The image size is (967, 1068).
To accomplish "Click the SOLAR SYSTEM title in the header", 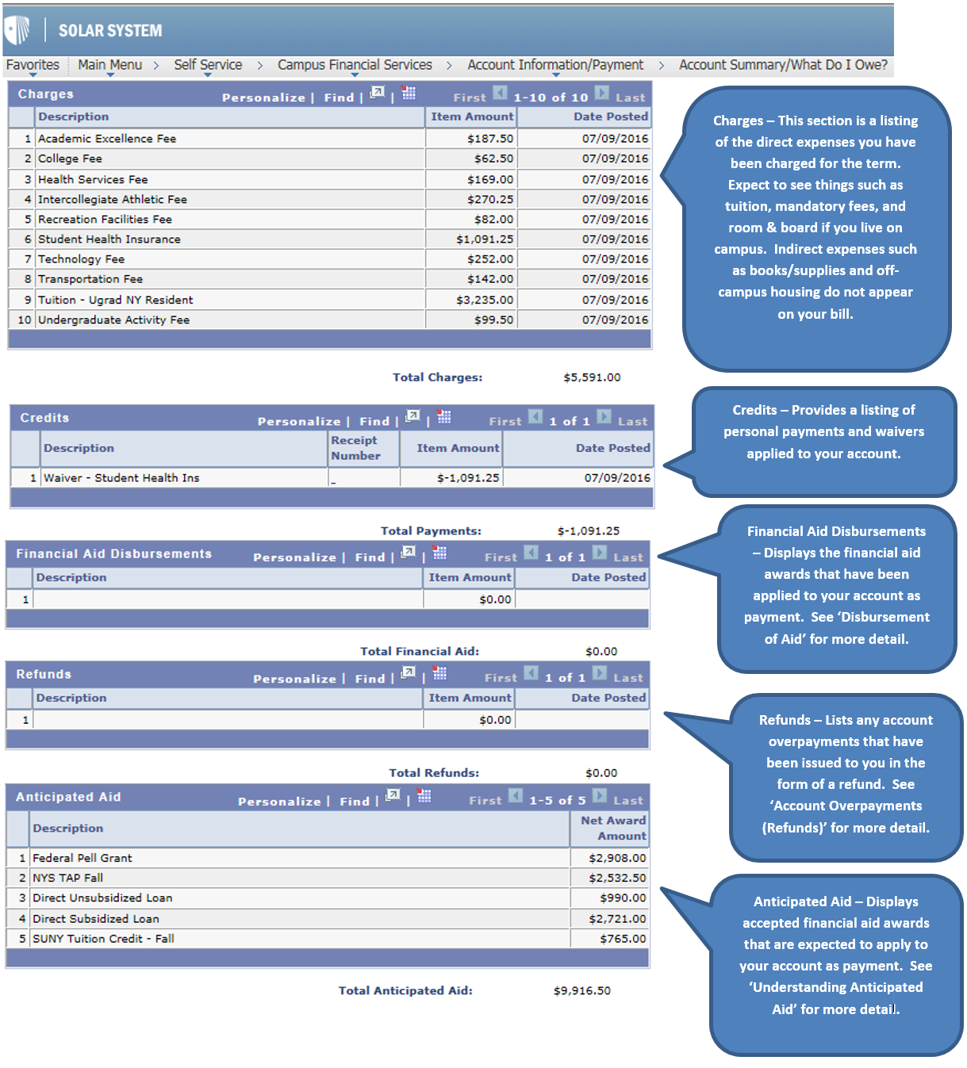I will pyautogui.click(x=109, y=31).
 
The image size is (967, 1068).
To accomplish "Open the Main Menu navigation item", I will pyautogui.click(x=109, y=65).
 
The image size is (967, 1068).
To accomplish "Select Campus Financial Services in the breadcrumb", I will pyautogui.click(x=355, y=65).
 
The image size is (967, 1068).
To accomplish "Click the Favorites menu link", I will pyautogui.click(x=33, y=65).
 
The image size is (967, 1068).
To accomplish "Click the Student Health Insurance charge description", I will pyautogui.click(x=109, y=239).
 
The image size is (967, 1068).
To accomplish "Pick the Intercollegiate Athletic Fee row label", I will pyautogui.click(x=113, y=200).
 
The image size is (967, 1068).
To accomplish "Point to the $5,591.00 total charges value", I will pyautogui.click(x=592, y=377).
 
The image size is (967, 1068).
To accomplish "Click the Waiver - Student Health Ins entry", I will pyautogui.click(x=121, y=478).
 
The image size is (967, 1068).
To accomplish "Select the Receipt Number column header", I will pyautogui.click(x=355, y=448).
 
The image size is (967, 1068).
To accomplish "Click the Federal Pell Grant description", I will pyautogui.click(x=83, y=858).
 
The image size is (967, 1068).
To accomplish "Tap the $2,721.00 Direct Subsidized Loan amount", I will pyautogui.click(x=617, y=919).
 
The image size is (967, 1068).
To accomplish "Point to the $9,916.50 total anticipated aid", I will pyautogui.click(x=582, y=990).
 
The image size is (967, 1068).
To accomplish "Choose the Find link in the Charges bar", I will pyautogui.click(x=339, y=98).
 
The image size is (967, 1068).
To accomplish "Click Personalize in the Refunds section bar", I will pyautogui.click(x=294, y=679).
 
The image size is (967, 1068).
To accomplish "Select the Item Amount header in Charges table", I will pyautogui.click(x=472, y=117).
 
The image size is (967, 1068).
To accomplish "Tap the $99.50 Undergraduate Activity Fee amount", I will pyautogui.click(x=493, y=320).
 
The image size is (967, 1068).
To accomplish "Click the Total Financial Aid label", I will pyautogui.click(x=420, y=652).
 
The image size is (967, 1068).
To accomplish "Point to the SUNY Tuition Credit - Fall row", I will pyautogui.click(x=103, y=939).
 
